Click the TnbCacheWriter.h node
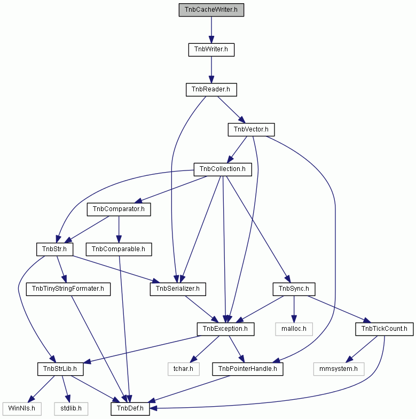211,10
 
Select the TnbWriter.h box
211,50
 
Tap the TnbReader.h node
211,90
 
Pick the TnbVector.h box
251,129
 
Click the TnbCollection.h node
223,169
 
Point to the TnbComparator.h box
119,210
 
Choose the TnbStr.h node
54,249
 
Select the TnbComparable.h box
119,249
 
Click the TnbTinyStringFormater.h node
68,289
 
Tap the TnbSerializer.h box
178,289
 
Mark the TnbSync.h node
294,289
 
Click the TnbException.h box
225,329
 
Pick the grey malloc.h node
294,329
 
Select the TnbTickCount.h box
384,329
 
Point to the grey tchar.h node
184,369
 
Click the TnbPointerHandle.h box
248,369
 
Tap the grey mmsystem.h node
339,369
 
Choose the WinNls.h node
22,409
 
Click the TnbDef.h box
130,409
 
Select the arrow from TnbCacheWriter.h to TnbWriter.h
211,30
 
